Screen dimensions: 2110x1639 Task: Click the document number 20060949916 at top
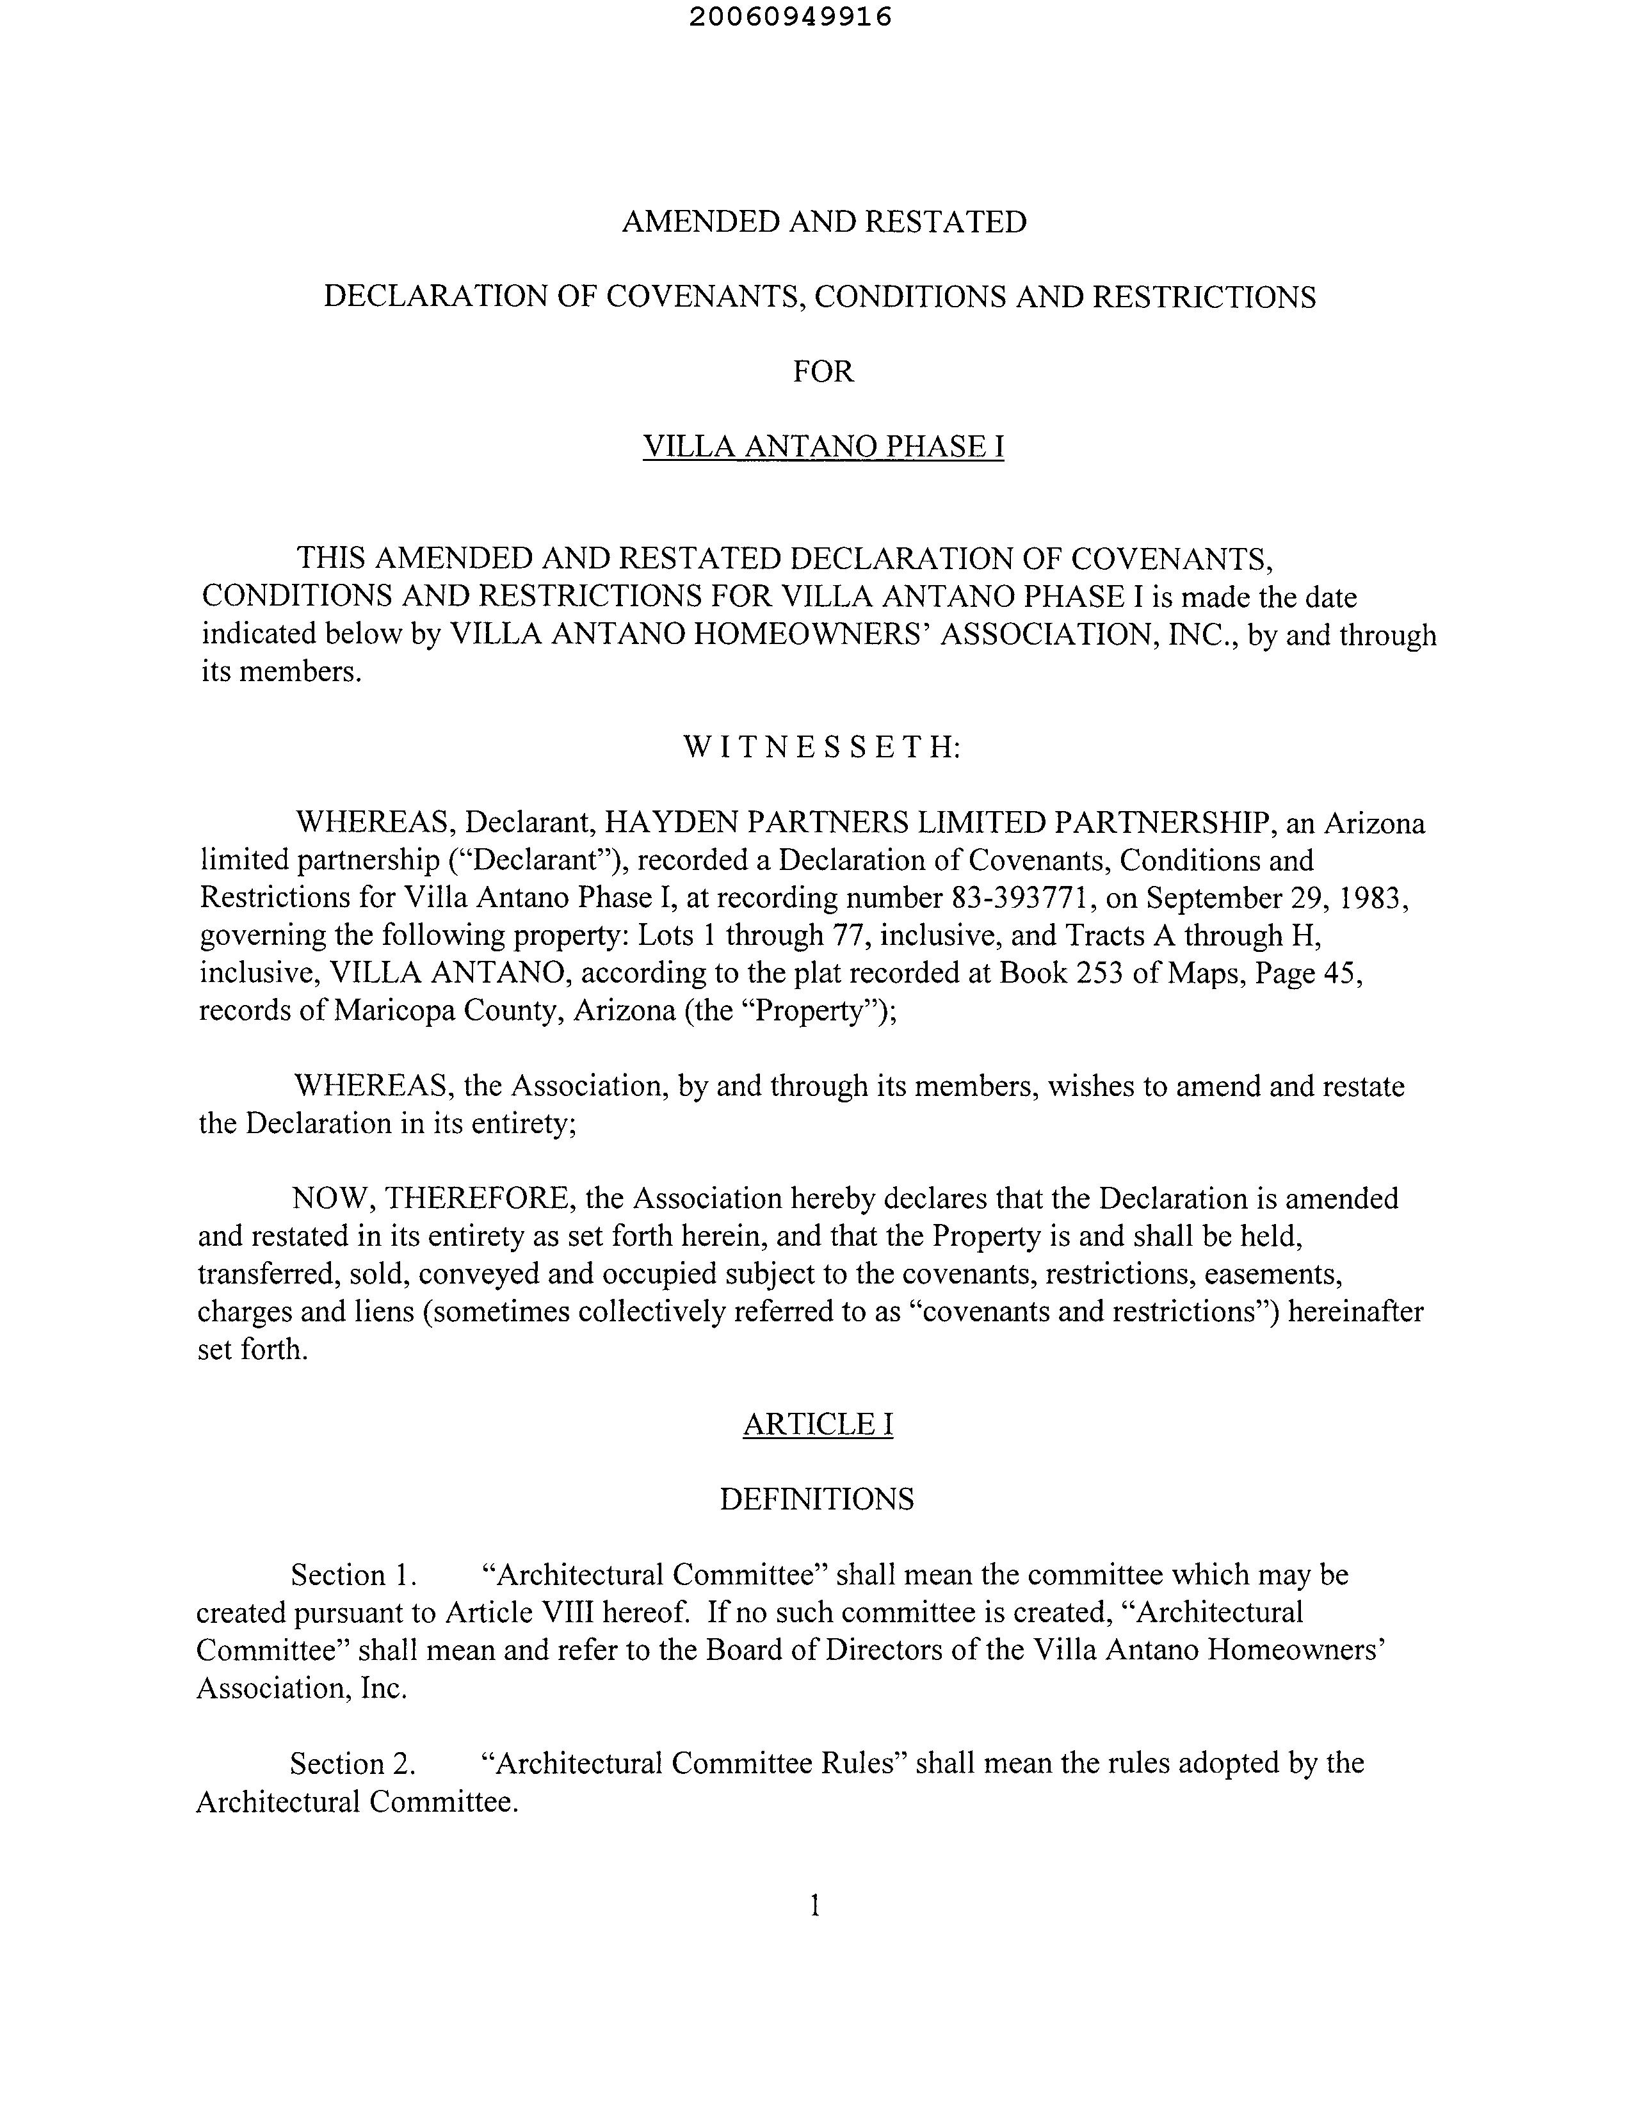point(791,17)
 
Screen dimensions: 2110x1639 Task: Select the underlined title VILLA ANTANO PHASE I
point(823,446)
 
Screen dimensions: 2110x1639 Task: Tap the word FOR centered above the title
point(823,372)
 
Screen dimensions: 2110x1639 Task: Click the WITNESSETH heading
point(821,747)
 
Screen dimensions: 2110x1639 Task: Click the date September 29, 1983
point(1277,899)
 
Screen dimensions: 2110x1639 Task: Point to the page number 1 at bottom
point(814,1905)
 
